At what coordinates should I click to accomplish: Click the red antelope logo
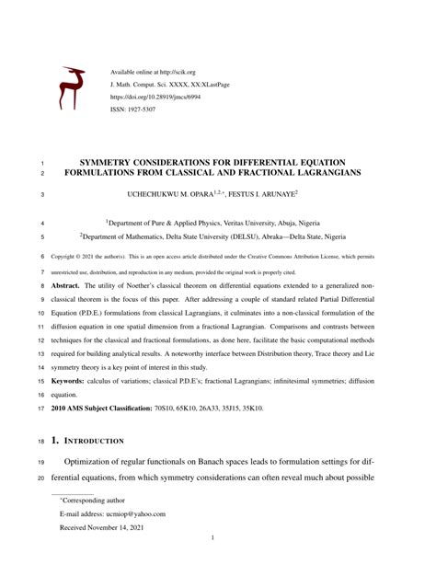[x=72, y=88]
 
